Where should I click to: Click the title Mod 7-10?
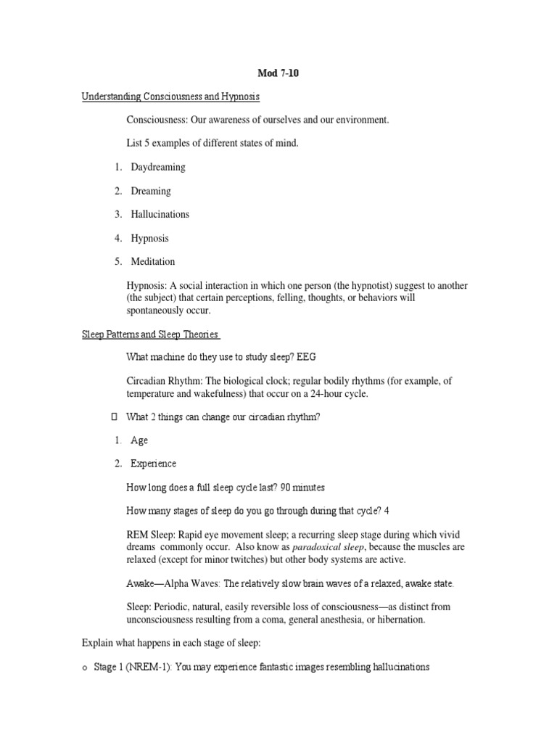pyautogui.click(x=278, y=73)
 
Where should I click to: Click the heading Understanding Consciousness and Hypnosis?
pyautogui.click(x=170, y=97)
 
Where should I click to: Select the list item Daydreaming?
pyautogui.click(x=158, y=167)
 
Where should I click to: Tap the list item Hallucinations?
pyautogui.click(x=160, y=214)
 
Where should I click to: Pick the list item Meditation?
pyautogui.click(x=152, y=261)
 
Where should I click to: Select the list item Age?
pyautogui.click(x=139, y=440)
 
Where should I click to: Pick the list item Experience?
pyautogui.click(x=153, y=464)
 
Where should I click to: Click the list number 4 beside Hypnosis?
pyautogui.click(x=117, y=238)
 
